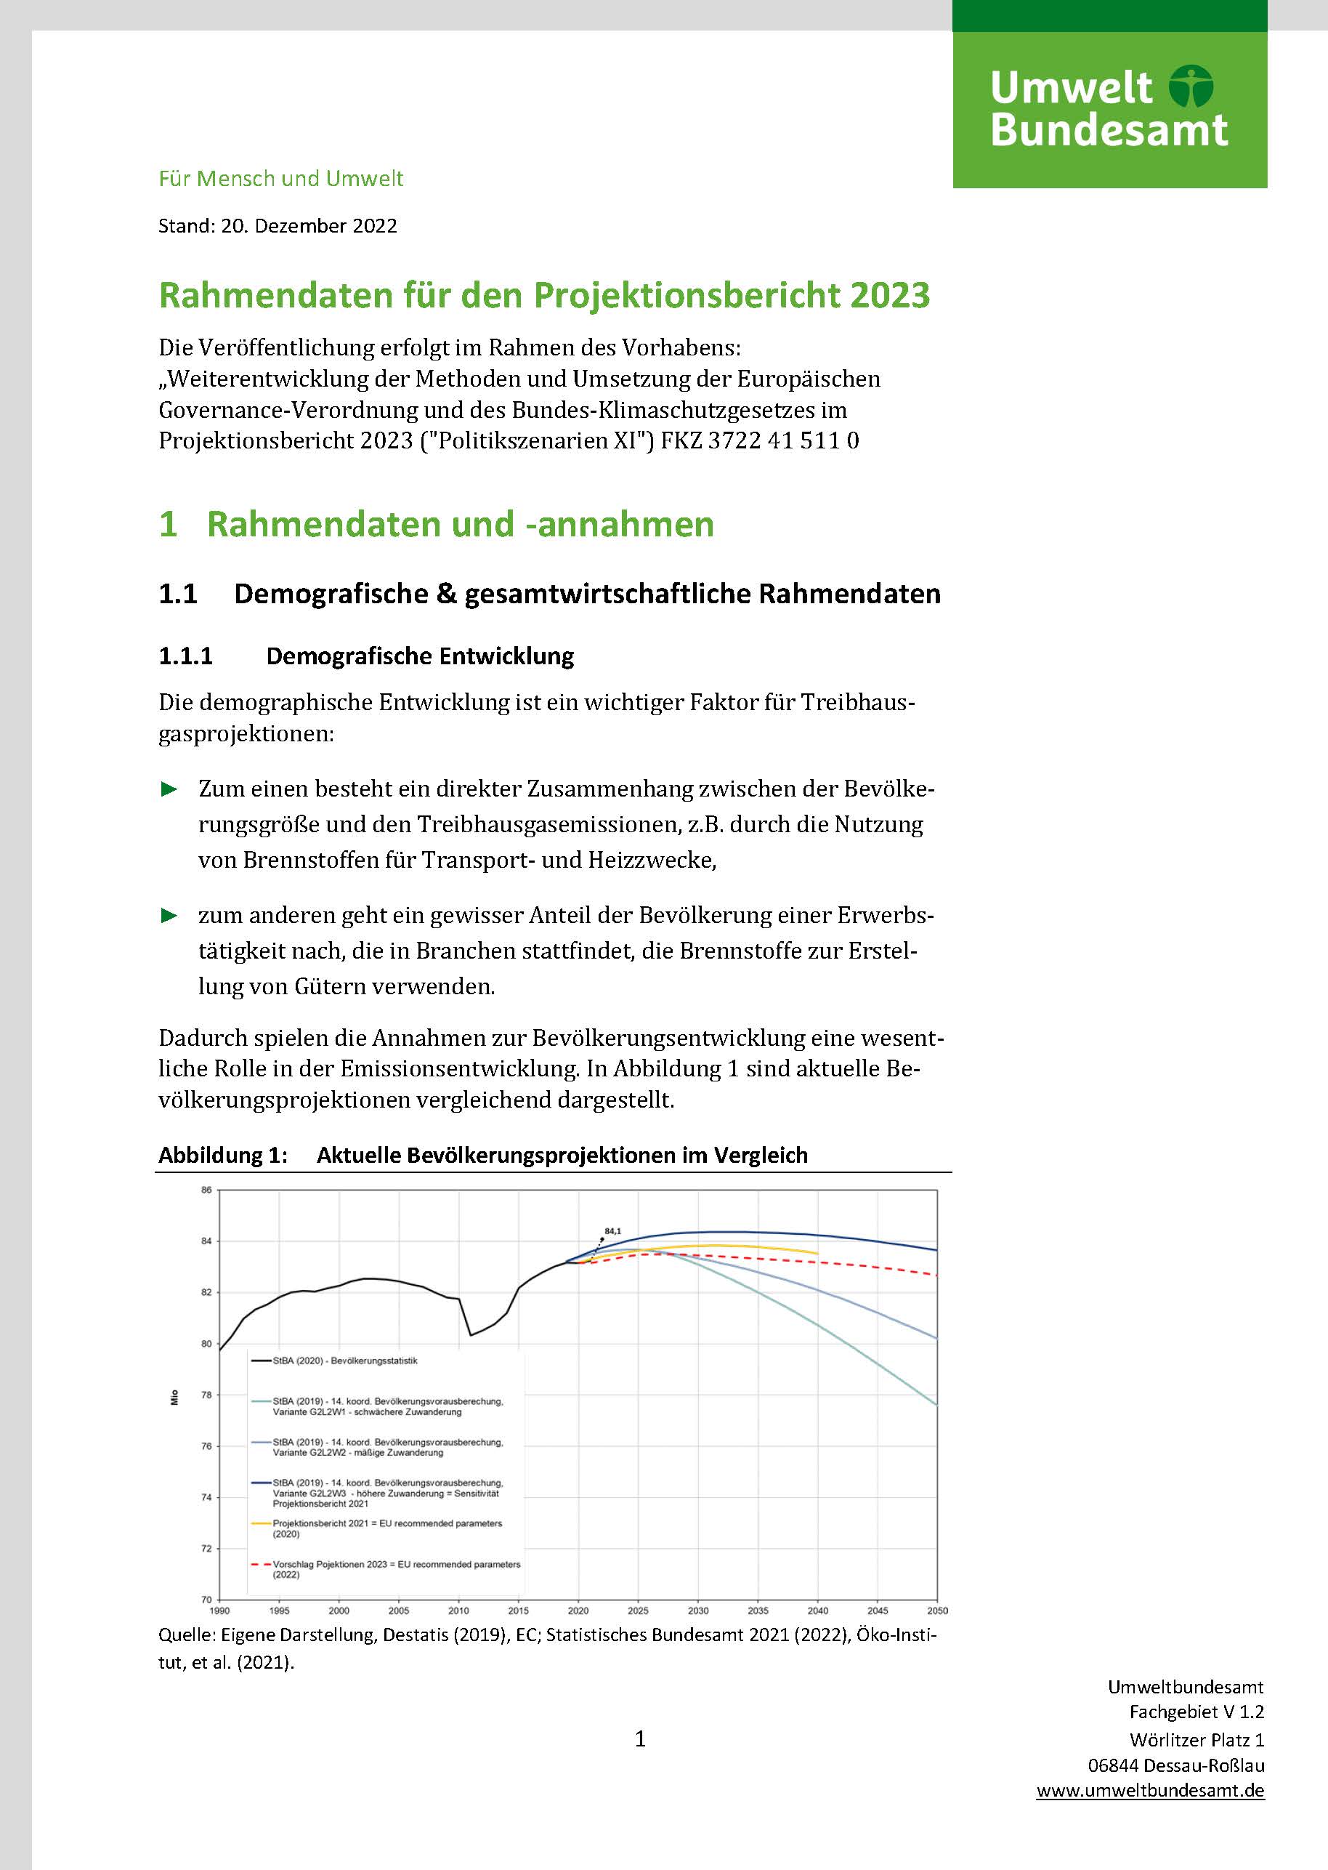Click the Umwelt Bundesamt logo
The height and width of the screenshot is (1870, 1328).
pyautogui.click(x=1109, y=109)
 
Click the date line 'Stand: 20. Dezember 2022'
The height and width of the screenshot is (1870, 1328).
pyautogui.click(x=278, y=226)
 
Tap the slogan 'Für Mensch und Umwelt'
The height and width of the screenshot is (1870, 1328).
pyautogui.click(x=280, y=178)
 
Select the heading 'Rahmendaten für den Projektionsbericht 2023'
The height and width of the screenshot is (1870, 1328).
pyautogui.click(x=544, y=295)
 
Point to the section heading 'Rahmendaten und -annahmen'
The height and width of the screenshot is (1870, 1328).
pyautogui.click(x=460, y=524)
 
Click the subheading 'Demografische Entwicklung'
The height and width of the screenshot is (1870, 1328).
pyautogui.click(x=419, y=656)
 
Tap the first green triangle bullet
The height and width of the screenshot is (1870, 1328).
pyautogui.click(x=169, y=789)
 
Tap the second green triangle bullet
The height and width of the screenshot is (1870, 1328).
pyautogui.click(x=169, y=915)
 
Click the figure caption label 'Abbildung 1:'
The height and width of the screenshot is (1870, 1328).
pyautogui.click(x=222, y=1155)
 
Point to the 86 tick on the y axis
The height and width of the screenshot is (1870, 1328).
pyautogui.click(x=206, y=1190)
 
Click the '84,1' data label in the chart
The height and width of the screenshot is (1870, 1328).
pyautogui.click(x=612, y=1231)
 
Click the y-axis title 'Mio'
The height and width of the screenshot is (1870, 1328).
pyautogui.click(x=174, y=1398)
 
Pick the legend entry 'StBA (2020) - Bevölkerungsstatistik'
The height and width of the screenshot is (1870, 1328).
pyautogui.click(x=344, y=1361)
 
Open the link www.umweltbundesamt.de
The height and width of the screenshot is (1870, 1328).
pyautogui.click(x=1150, y=1790)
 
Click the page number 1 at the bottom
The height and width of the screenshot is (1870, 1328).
pyautogui.click(x=640, y=1739)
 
